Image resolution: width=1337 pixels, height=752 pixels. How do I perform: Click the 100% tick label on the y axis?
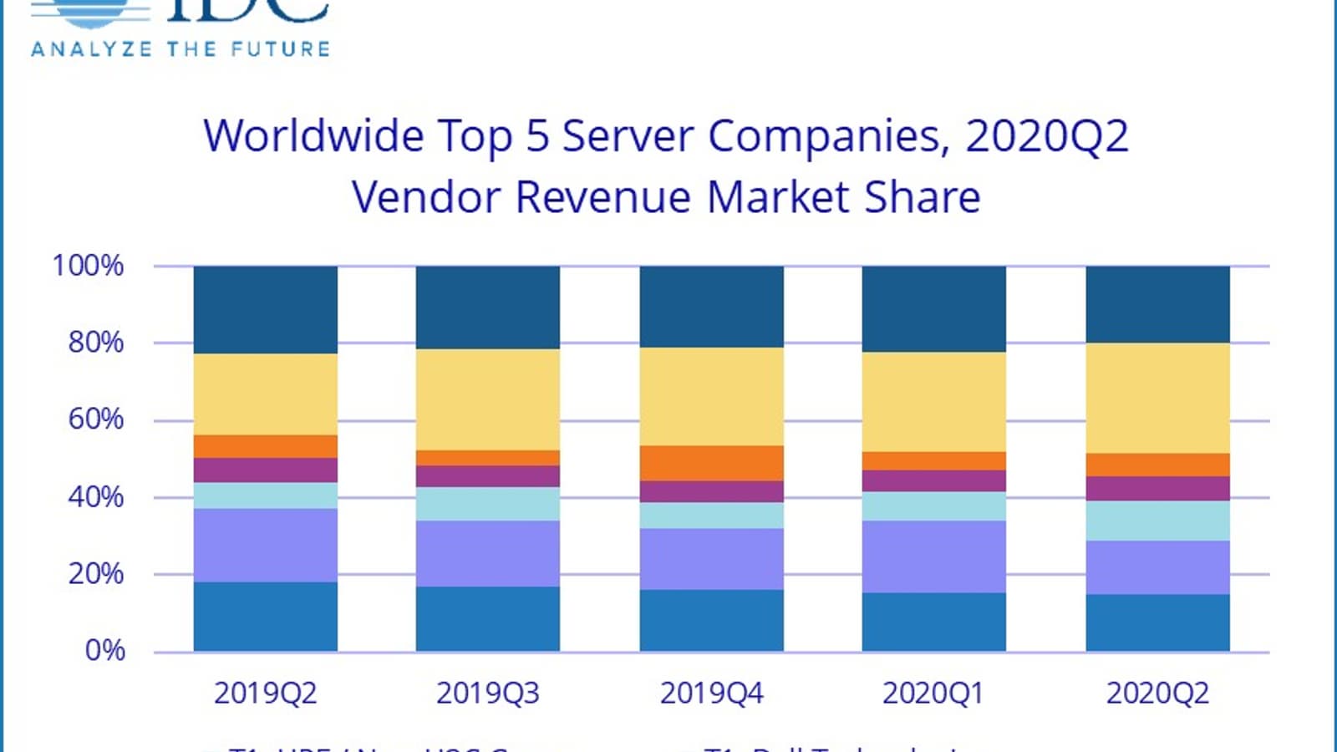tap(88, 266)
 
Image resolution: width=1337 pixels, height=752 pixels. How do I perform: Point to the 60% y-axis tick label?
tap(95, 419)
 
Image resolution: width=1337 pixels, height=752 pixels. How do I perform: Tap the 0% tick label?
tap(104, 650)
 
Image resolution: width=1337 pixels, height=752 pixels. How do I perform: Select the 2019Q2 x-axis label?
tap(265, 694)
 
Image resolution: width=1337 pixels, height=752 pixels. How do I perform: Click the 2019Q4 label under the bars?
tap(711, 694)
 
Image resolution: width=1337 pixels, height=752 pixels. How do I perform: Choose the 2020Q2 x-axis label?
tap(1157, 694)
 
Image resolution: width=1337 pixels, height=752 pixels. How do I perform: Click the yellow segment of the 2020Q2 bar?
tap(1157, 398)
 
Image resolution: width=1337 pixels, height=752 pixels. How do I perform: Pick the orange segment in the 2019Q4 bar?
tap(711, 463)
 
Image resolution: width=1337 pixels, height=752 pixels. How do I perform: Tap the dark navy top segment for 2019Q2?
tap(265, 309)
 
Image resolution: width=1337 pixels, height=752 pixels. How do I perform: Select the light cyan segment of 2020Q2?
tap(1157, 521)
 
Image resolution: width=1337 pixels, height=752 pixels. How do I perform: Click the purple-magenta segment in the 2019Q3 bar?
tap(488, 476)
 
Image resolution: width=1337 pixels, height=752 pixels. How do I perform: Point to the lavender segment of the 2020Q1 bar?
tap(933, 556)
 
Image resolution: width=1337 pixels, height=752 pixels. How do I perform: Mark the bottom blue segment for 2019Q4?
tap(711, 620)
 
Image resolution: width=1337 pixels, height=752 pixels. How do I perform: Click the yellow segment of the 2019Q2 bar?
tap(265, 394)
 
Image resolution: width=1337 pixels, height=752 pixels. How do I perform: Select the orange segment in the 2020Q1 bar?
tap(933, 460)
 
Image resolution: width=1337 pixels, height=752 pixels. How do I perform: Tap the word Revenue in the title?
tap(603, 198)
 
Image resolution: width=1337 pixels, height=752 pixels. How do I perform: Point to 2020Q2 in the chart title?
tap(1047, 135)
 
